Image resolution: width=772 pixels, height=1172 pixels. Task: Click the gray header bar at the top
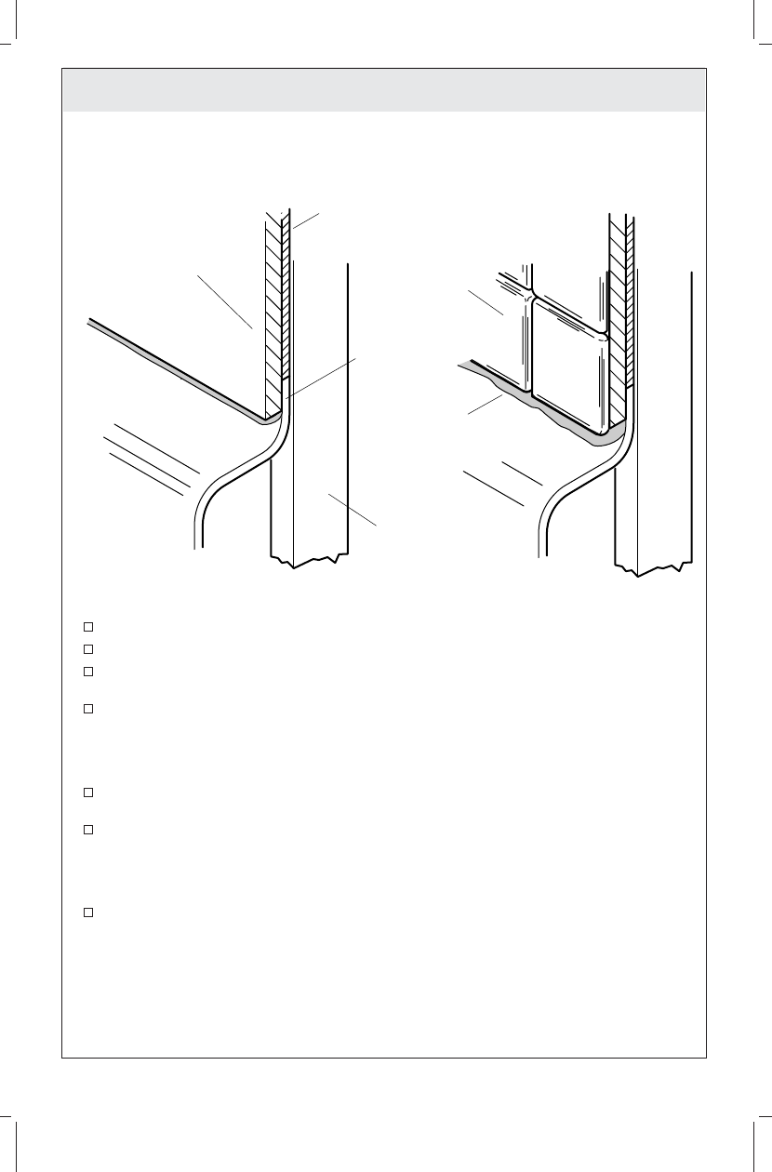383,89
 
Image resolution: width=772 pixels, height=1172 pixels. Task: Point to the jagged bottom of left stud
310,561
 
